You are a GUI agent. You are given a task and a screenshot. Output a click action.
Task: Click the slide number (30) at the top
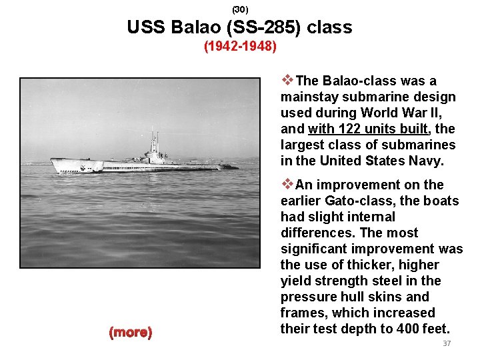pos(240,9)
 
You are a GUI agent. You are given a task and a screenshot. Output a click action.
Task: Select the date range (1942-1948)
pos(240,47)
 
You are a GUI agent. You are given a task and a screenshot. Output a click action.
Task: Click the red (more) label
pos(131,332)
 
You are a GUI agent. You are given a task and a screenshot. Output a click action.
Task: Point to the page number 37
pos(447,343)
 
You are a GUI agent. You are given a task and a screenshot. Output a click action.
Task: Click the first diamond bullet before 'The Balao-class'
pos(287,81)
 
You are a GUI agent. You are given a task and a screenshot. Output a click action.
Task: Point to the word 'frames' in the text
pos(302,313)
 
